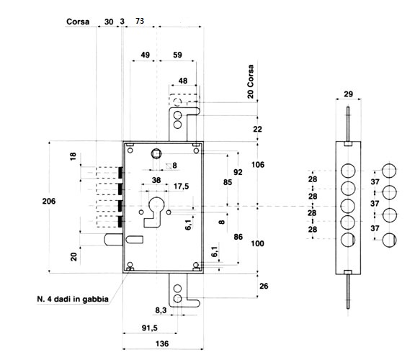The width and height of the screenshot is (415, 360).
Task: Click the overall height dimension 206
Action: click(49, 202)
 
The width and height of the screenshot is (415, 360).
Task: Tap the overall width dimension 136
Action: click(162, 343)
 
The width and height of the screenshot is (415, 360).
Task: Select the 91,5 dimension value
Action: click(150, 328)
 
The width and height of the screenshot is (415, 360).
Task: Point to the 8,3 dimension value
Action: click(161, 310)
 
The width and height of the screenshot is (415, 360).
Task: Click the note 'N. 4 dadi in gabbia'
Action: click(73, 300)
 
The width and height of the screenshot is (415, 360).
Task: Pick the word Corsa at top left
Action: click(78, 22)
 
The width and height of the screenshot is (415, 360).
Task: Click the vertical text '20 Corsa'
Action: click(251, 81)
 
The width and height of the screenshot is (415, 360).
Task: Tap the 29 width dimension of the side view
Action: click(348, 94)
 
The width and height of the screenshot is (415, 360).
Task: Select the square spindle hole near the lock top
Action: click(156, 153)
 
